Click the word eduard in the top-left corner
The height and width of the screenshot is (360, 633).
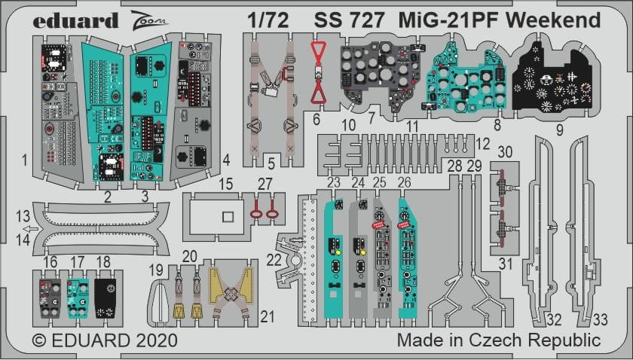[x=75, y=20]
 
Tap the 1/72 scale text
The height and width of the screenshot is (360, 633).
[x=268, y=20]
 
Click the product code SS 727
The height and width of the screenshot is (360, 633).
[x=349, y=20]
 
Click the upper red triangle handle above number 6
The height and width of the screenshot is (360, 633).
[x=319, y=50]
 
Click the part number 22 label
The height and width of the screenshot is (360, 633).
[x=274, y=260]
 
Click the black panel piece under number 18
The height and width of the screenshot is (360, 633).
[x=105, y=299]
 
